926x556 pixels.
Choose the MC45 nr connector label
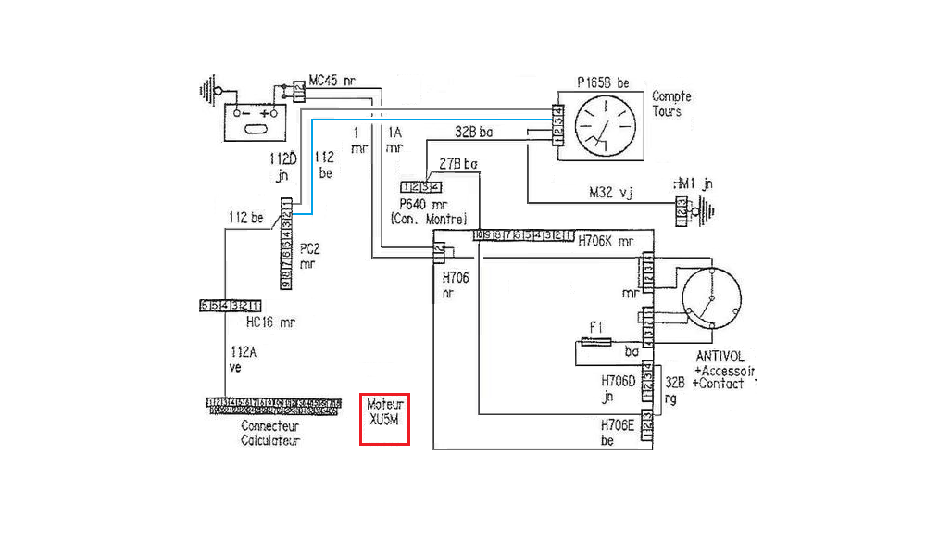pyautogui.click(x=332, y=81)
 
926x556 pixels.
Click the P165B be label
pyautogui.click(x=603, y=82)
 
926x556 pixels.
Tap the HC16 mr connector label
pyautogui.click(x=270, y=322)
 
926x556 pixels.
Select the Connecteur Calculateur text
pyautogui.click(x=269, y=434)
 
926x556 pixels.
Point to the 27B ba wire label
pyautogui.click(x=458, y=165)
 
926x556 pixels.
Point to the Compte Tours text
pyautogui.click(x=671, y=104)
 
